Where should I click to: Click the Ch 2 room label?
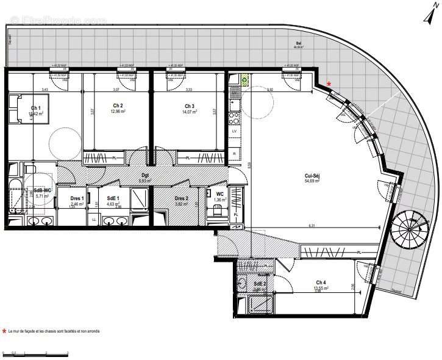pos(118,106)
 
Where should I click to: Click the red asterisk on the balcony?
pos(329,84)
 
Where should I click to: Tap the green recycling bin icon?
pos(244,79)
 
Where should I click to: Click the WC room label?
pos(219,193)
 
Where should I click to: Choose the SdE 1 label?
pos(113,198)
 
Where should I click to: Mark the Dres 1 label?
pos(76,198)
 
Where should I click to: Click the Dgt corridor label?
pos(144,176)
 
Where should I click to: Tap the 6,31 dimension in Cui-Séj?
pos(312,225)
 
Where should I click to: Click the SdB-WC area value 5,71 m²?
pos(41,196)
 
